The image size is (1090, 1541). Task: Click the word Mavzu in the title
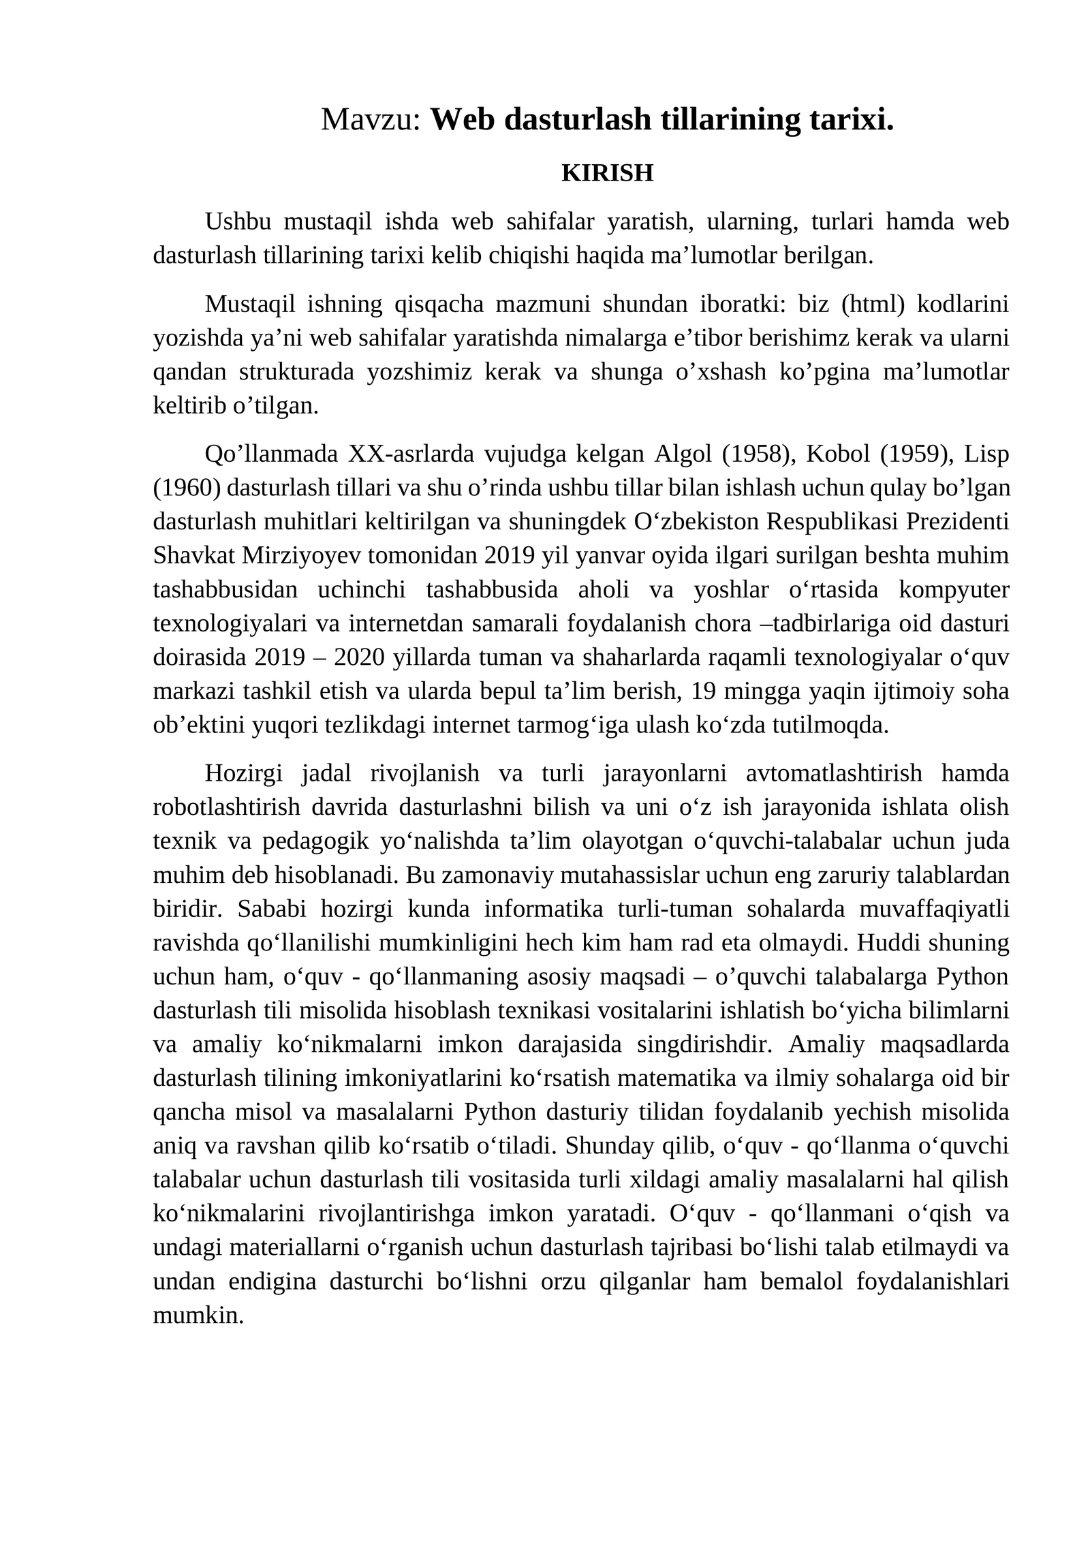point(367,120)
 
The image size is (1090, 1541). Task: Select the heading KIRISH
point(607,173)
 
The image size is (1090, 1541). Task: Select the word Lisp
point(986,454)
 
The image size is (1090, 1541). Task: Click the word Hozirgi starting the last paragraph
point(243,773)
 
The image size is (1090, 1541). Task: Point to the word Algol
point(683,454)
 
